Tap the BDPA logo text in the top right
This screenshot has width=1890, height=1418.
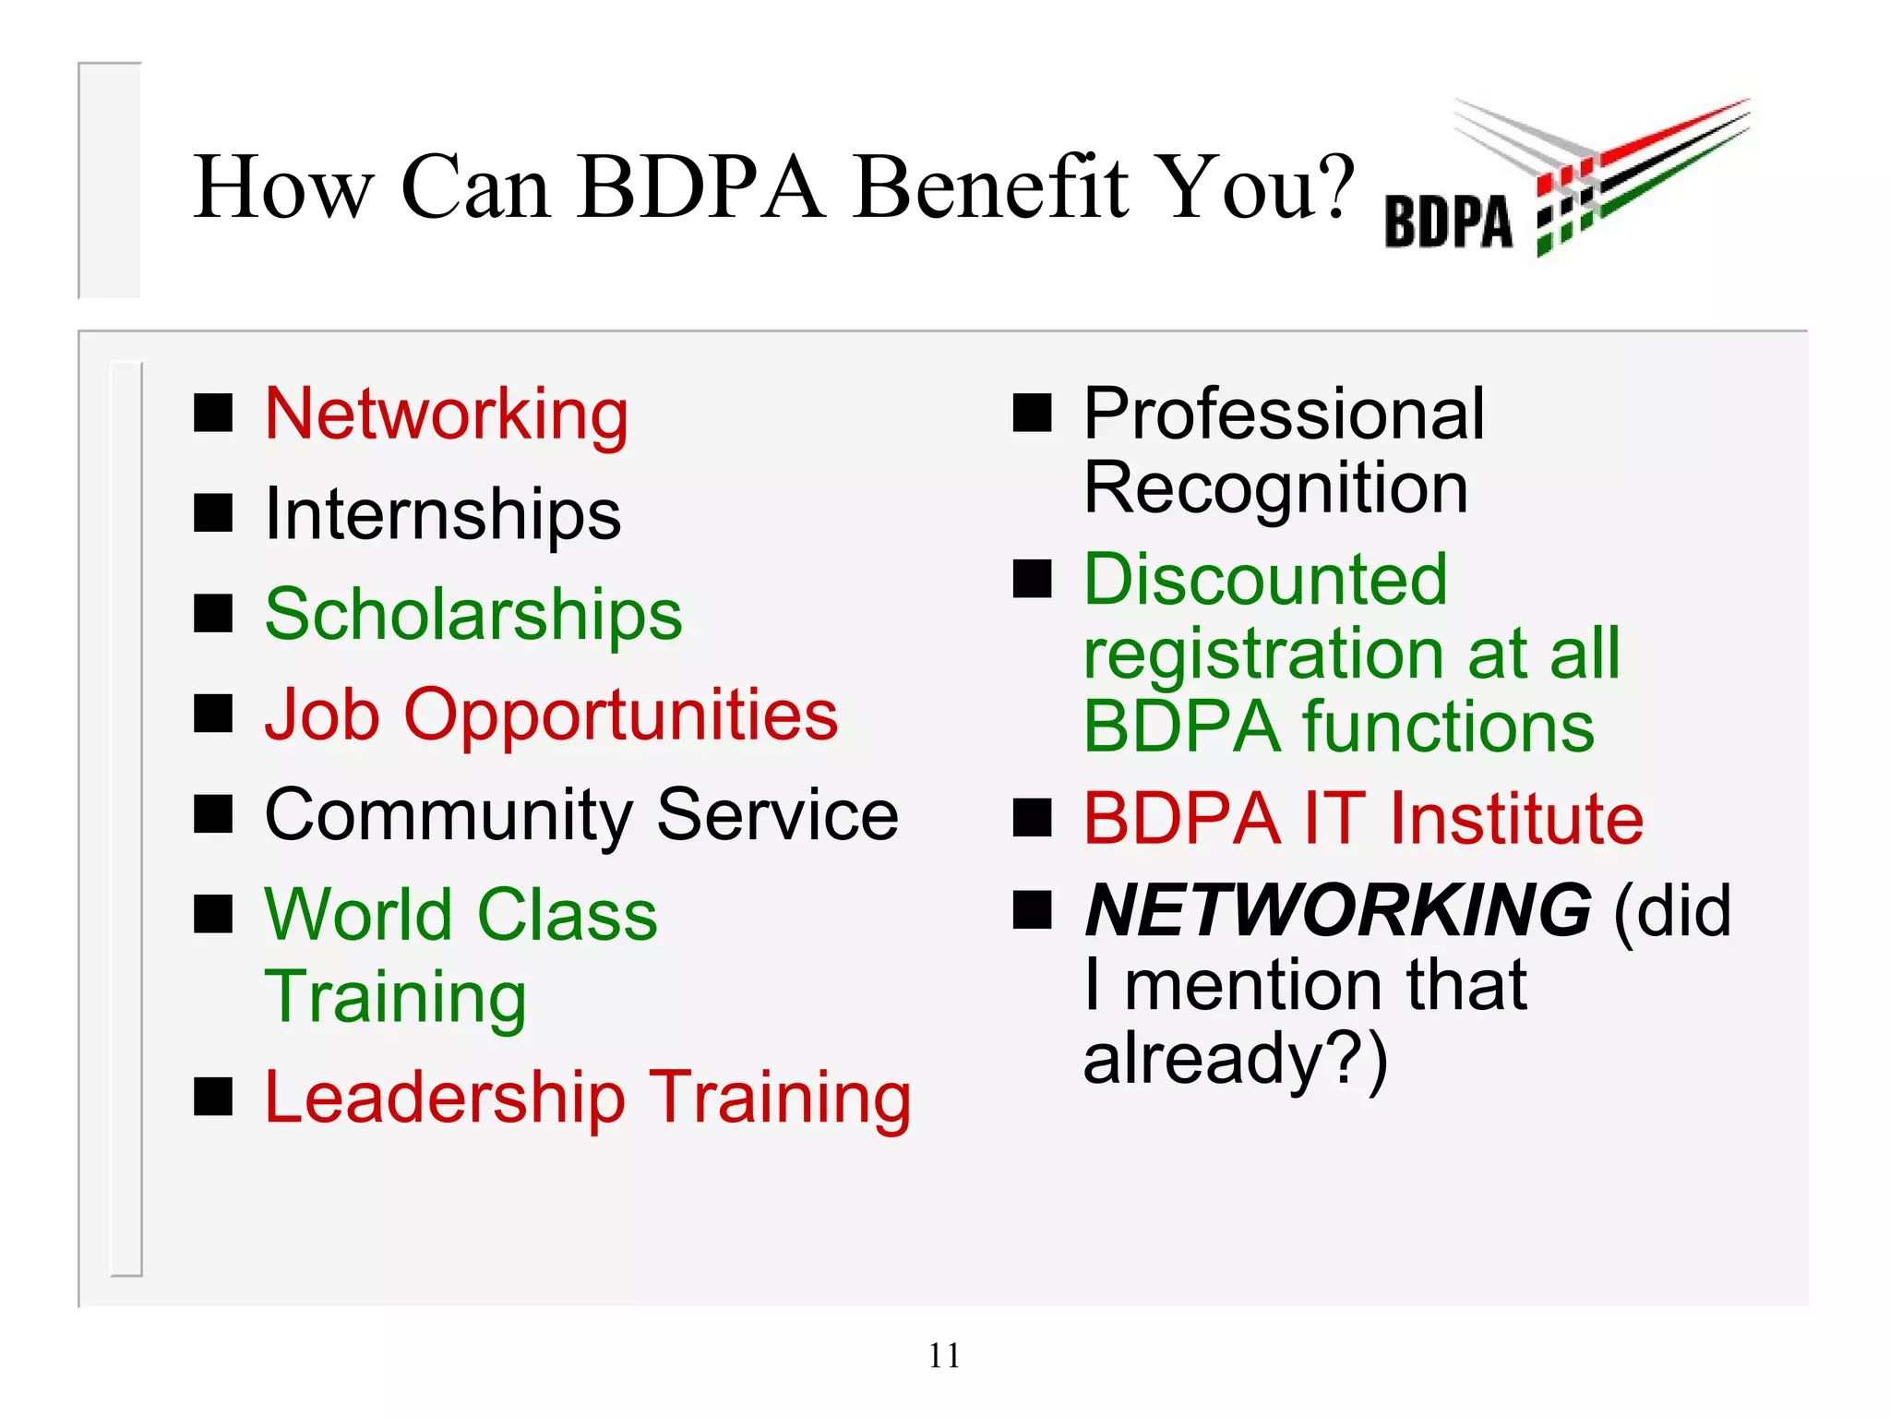(x=1448, y=222)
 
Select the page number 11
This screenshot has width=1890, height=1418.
(x=944, y=1355)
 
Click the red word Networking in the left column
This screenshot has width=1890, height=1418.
(x=447, y=415)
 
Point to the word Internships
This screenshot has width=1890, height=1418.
(x=443, y=515)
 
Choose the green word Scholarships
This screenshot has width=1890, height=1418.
(x=473, y=615)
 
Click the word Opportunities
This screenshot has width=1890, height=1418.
(x=621, y=715)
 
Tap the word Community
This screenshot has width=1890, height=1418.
(x=449, y=815)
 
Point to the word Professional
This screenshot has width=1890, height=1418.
(x=1284, y=415)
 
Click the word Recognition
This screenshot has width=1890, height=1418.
(x=1275, y=487)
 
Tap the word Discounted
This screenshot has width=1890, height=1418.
(x=1265, y=580)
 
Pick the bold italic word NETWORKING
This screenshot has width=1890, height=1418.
(x=1338, y=910)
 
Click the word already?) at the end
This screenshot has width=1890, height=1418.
(x=1236, y=1059)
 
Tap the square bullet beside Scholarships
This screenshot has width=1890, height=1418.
(x=213, y=614)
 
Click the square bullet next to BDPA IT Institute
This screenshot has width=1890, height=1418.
(x=1032, y=818)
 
